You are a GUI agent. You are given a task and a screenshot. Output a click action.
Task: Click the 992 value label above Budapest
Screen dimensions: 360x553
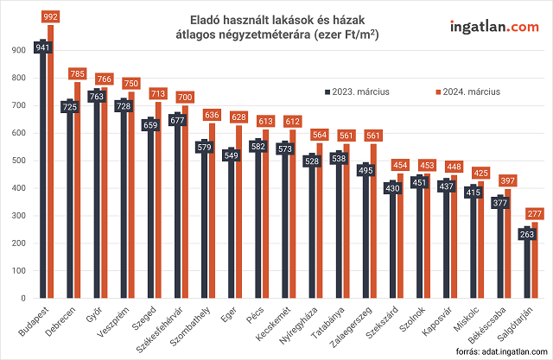point(50,16)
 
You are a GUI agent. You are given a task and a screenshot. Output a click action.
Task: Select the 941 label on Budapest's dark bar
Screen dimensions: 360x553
point(41,47)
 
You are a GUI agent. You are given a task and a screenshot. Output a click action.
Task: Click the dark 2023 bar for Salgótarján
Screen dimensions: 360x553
point(525,268)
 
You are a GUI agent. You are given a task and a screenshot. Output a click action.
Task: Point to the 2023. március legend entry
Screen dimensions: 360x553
point(355,91)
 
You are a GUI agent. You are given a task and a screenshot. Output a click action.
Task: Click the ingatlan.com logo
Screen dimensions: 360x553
point(493,27)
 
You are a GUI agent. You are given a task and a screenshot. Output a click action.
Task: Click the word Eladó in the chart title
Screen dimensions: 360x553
point(204,18)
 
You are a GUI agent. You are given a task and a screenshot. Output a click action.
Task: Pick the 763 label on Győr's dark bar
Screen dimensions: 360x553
point(97,97)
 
